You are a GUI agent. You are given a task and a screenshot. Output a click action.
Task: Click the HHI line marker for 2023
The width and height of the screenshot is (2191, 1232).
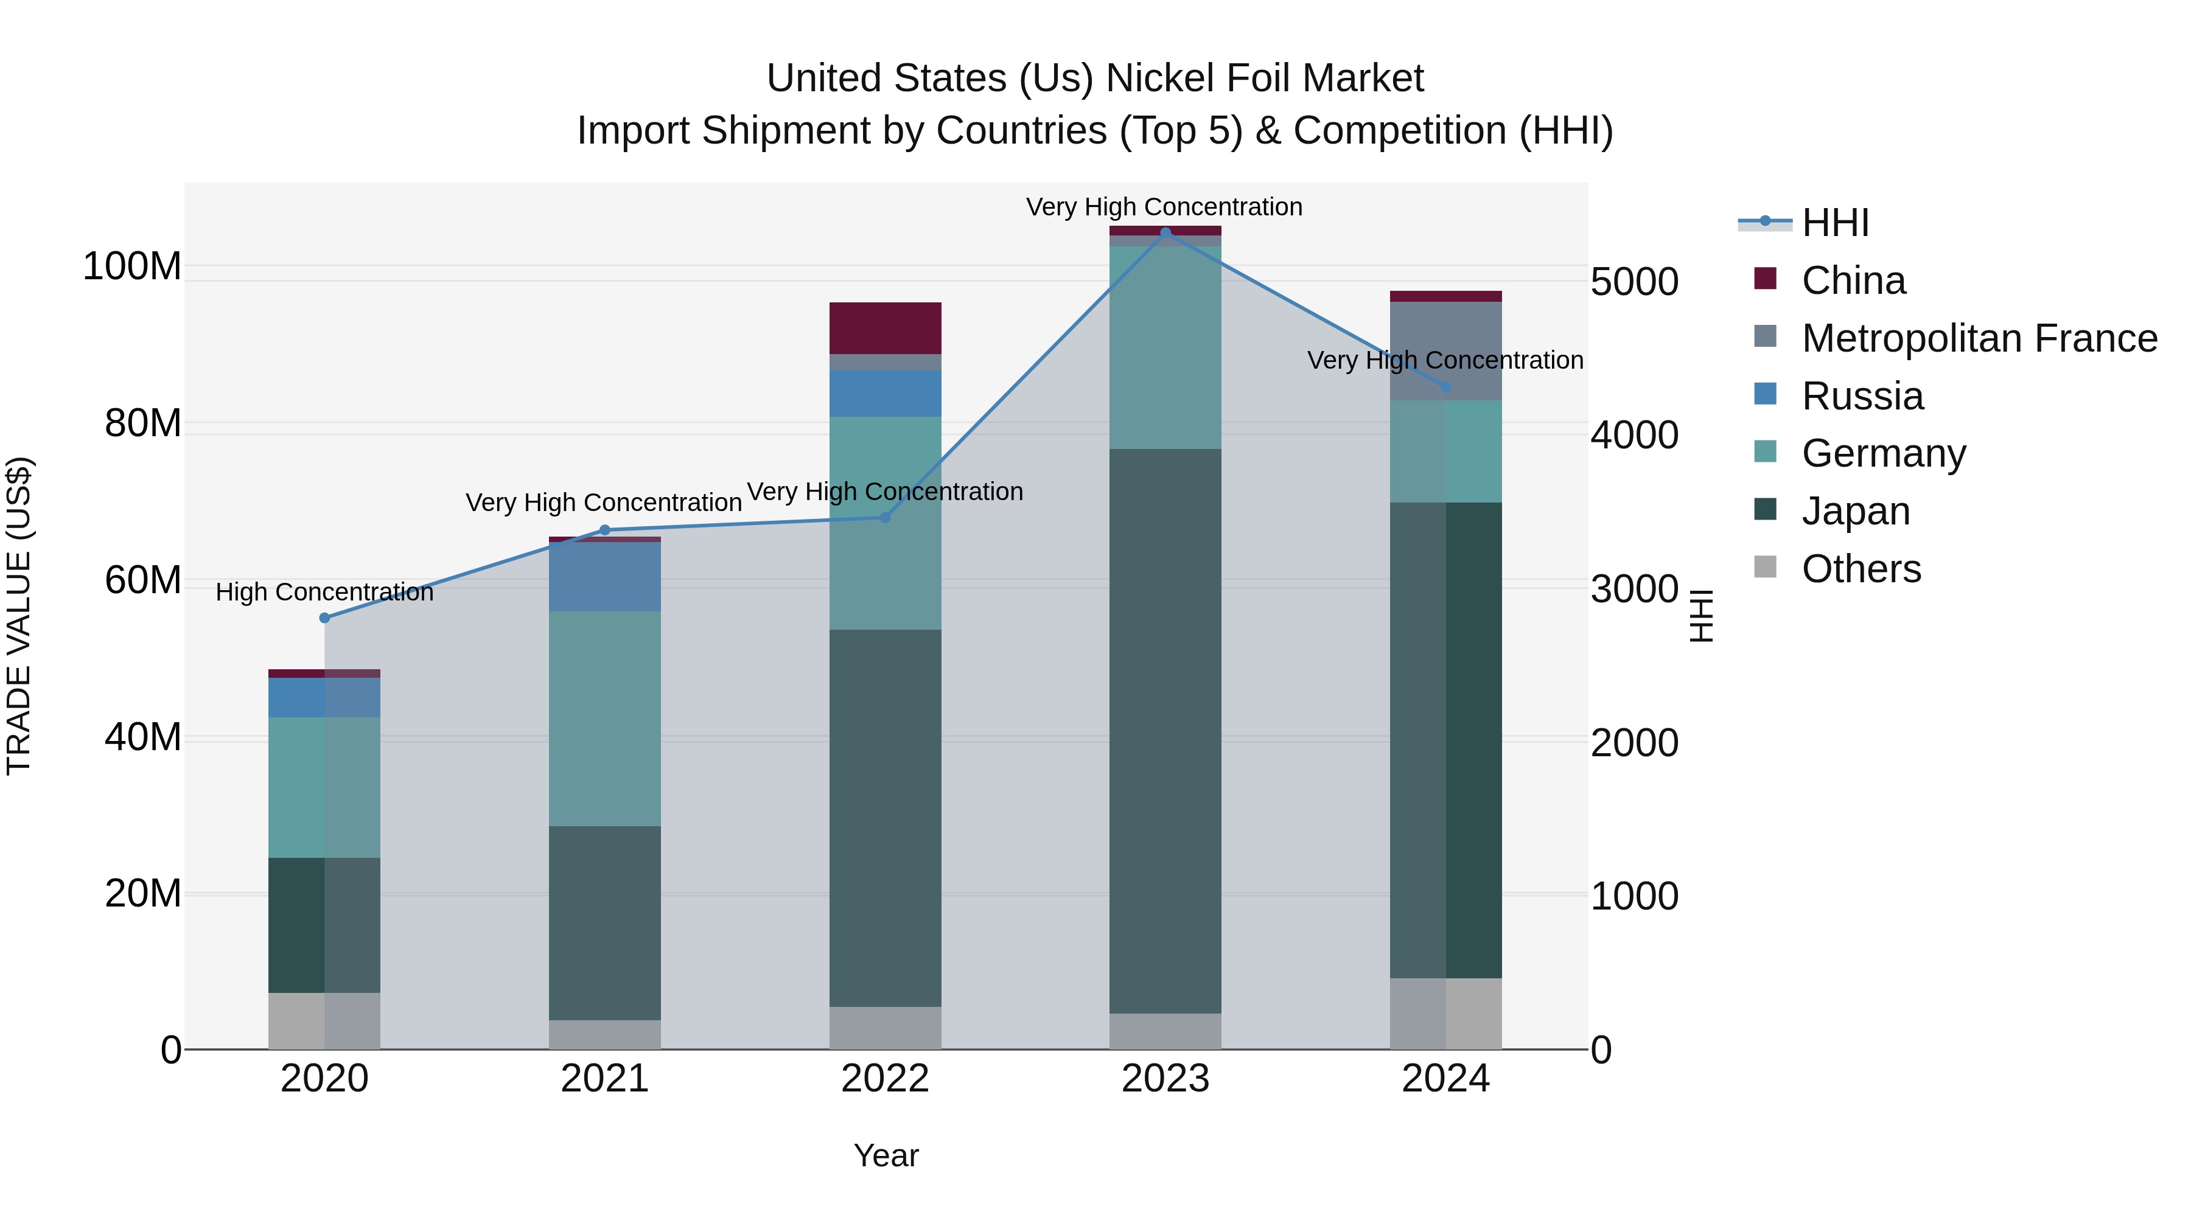click(1165, 232)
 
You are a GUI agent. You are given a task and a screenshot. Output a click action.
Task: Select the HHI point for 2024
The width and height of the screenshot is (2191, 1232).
click(1446, 388)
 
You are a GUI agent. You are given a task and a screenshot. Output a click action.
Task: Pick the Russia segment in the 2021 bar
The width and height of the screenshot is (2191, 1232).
click(605, 577)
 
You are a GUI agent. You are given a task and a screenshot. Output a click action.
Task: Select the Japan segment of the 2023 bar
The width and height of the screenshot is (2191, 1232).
click(1165, 731)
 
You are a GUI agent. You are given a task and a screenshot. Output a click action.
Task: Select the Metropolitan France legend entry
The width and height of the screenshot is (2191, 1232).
click(1979, 338)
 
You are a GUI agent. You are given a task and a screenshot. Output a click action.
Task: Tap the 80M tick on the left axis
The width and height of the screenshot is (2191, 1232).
click(143, 423)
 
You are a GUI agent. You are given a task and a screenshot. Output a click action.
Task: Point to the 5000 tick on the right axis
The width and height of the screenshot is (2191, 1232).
click(1634, 282)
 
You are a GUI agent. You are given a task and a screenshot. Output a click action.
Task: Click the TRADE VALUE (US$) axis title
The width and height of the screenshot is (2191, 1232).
click(19, 616)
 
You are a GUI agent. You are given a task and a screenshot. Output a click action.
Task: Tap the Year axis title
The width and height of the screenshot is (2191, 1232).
click(886, 1155)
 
